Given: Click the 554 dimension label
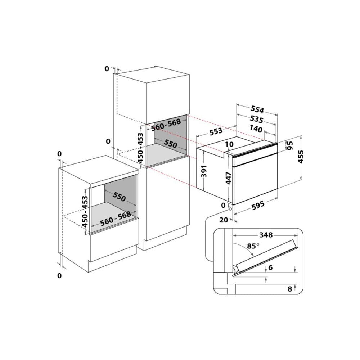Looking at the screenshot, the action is (257, 109).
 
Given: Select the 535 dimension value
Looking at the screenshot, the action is (256, 120).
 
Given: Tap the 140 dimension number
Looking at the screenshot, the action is (256, 129).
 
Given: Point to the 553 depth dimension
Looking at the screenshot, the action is (216, 131).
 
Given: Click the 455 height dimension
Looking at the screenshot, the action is (301, 157).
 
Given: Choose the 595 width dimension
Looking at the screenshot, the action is (258, 206).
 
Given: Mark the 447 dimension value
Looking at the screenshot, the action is (228, 178).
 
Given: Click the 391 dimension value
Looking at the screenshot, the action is (204, 171).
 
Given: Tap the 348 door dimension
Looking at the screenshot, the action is (266, 235).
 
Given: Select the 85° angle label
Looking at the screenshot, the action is (253, 246).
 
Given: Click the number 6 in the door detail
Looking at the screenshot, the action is (270, 267).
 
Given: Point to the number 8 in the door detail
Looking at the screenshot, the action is (290, 289).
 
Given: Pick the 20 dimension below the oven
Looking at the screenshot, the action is (224, 220).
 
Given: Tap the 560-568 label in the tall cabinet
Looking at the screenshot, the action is (166, 125).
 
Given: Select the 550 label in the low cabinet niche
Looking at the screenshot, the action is (119, 197).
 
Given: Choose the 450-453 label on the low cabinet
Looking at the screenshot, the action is (85, 212).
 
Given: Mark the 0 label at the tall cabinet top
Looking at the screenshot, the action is (107, 69).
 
